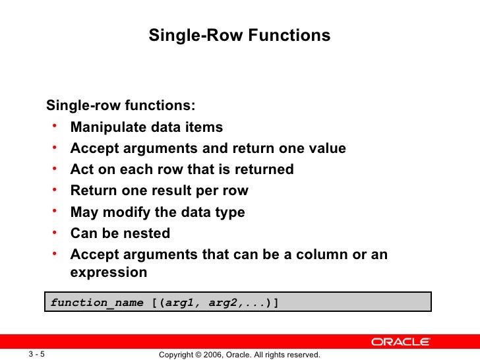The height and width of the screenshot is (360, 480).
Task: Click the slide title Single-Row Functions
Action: (x=239, y=36)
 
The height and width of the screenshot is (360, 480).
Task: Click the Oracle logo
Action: (x=400, y=342)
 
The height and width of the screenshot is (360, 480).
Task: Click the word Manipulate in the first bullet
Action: (x=103, y=127)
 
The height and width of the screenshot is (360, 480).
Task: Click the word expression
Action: (x=108, y=272)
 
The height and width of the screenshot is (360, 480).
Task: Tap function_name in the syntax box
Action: (x=97, y=303)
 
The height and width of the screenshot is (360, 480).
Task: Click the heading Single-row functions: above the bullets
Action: (x=120, y=106)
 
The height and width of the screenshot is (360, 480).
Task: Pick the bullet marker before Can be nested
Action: (x=57, y=232)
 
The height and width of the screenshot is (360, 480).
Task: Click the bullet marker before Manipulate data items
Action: (x=57, y=126)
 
